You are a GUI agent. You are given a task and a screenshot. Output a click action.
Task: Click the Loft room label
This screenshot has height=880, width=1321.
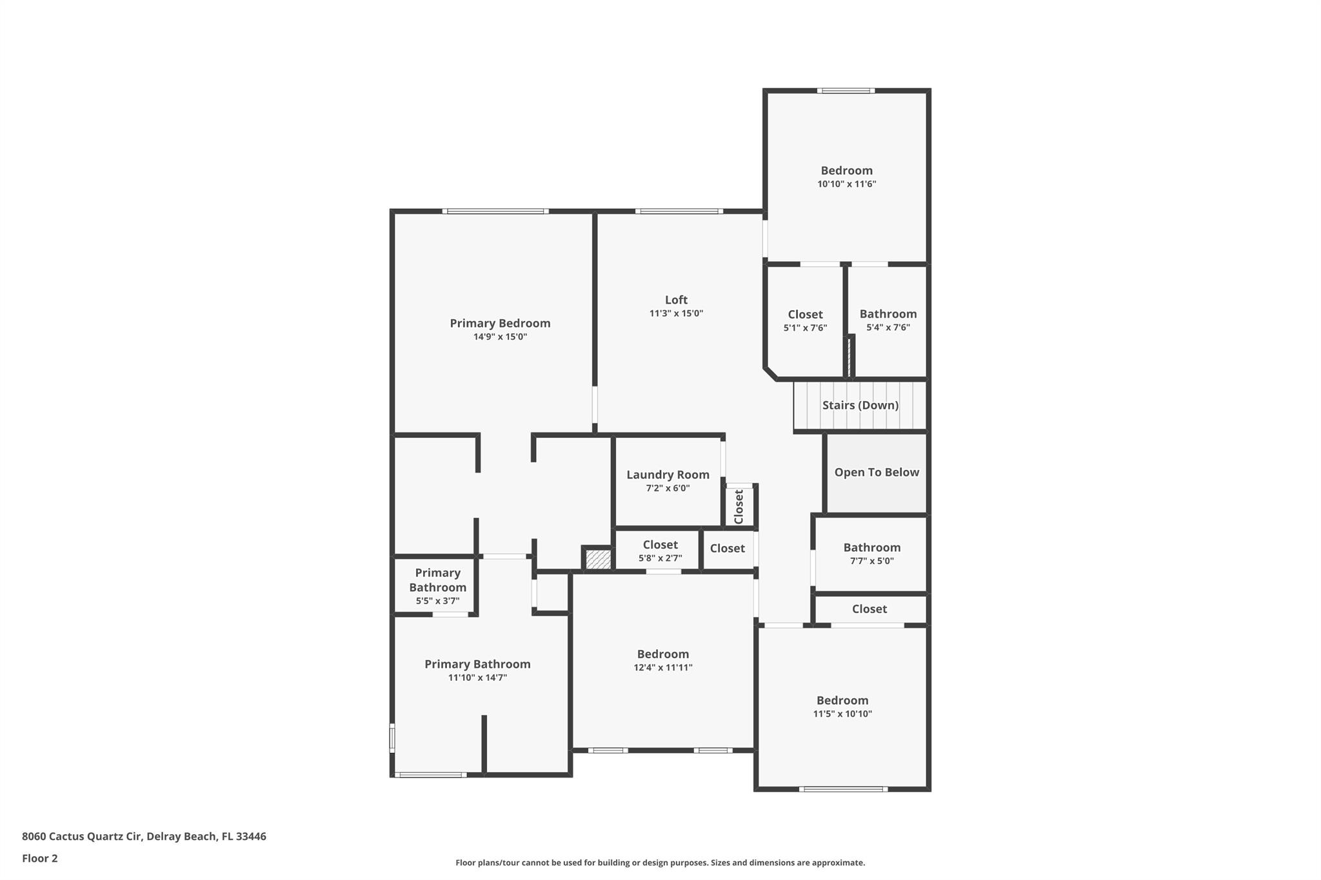tap(676, 300)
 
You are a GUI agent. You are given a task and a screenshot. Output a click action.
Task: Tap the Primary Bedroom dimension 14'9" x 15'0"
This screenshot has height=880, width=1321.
tap(500, 337)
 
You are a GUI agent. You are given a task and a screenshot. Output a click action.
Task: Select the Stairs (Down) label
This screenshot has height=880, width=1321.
tap(860, 405)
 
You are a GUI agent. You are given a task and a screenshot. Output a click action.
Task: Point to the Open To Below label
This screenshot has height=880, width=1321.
tap(876, 472)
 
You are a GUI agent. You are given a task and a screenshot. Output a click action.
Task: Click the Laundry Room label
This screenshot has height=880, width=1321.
tap(668, 474)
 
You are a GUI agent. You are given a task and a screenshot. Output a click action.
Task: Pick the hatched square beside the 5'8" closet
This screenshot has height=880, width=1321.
tap(598, 558)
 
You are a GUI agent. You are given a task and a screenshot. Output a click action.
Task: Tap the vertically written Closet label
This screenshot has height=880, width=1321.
tap(739, 506)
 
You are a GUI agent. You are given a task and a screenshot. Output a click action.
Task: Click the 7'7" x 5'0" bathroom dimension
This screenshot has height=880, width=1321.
tap(871, 561)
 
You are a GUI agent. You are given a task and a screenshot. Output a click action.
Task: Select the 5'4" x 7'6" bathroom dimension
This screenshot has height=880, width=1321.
tap(888, 328)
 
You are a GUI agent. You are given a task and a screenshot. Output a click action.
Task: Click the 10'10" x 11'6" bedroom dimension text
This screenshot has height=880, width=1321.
tap(846, 184)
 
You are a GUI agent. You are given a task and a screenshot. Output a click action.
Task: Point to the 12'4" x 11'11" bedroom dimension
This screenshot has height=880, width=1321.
tap(662, 667)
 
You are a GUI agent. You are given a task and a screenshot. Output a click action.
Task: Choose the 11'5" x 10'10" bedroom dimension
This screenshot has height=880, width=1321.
tap(842, 714)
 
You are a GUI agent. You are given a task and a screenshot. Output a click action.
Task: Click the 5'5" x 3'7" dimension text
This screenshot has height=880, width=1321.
tap(437, 601)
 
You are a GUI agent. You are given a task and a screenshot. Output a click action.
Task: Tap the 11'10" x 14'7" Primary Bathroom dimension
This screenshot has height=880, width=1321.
tap(477, 678)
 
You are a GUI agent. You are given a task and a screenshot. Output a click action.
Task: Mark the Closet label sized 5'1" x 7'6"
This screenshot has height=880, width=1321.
tap(805, 315)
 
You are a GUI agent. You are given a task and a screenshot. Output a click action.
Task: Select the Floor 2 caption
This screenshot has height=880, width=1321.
tap(39, 858)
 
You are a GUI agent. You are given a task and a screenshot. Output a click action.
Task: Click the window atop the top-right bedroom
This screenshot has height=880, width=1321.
tap(846, 91)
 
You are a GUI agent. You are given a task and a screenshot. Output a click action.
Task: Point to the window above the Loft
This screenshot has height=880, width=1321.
tap(679, 211)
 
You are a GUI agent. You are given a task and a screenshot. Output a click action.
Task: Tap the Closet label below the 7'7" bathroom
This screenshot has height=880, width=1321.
tap(869, 609)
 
